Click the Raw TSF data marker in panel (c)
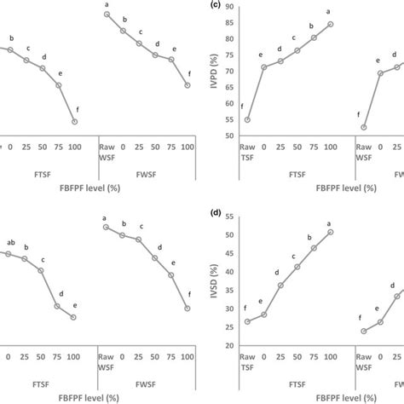click(x=247, y=119)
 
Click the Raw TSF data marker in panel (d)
click(x=247, y=321)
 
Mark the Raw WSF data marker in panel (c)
click(x=363, y=127)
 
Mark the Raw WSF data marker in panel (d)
click(x=363, y=331)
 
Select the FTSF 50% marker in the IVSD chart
click(x=297, y=267)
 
